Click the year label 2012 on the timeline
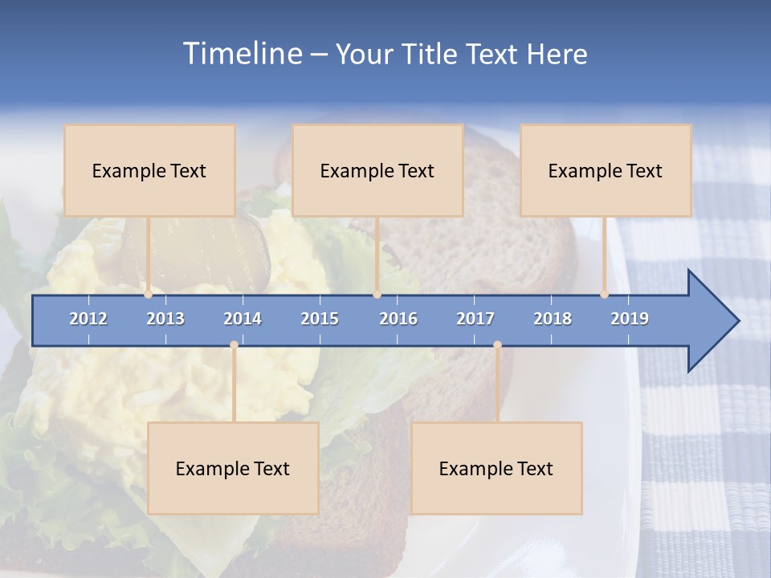(88, 319)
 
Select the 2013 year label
(165, 319)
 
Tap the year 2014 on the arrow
(243, 319)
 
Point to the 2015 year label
(320, 319)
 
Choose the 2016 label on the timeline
(398, 319)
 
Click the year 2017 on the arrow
(475, 319)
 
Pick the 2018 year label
(553, 319)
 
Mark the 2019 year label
(630, 319)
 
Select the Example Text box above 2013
(149, 170)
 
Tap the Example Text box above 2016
(377, 170)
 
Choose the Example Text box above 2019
(606, 170)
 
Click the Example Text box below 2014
(233, 468)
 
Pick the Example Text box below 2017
(496, 468)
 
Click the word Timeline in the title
(241, 54)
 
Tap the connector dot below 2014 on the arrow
(234, 344)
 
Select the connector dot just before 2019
(604, 295)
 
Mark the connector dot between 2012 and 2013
(148, 295)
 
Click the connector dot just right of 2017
(497, 344)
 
